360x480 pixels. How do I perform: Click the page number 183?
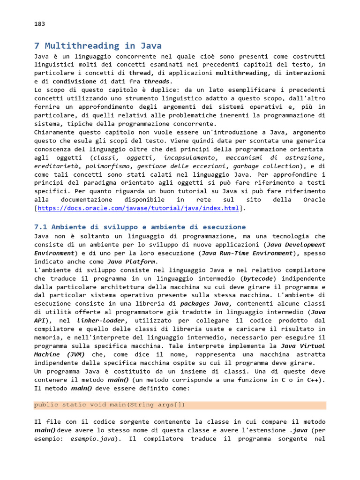click(39, 24)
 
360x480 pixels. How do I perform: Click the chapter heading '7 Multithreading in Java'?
click(98, 45)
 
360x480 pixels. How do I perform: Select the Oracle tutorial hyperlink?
click(138, 208)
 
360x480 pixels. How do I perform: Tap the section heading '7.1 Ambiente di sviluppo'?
click(140, 227)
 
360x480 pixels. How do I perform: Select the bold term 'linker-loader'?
click(98, 321)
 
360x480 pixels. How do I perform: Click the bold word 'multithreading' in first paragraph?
click(241, 73)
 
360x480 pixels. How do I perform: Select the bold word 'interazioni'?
click(305, 73)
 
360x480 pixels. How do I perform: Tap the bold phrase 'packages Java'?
click(206, 304)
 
